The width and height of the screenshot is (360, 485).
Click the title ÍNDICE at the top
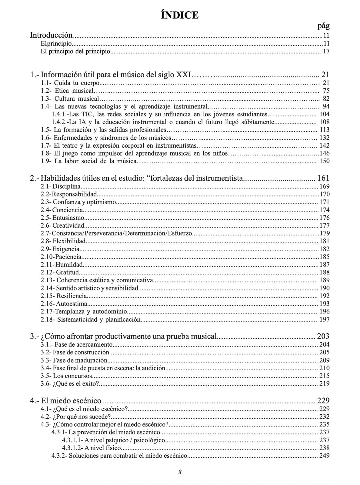[x=180, y=15]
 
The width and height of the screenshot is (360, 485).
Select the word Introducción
[x=51, y=35]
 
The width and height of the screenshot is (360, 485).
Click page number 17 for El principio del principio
[x=326, y=51]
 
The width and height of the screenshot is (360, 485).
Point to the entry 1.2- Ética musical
[x=68, y=91]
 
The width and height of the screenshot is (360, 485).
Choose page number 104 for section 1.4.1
[x=324, y=114]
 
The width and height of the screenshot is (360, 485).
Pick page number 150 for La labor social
[x=324, y=161]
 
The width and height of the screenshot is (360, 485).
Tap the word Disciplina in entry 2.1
[x=67, y=186]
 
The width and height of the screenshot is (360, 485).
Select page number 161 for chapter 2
[x=323, y=178]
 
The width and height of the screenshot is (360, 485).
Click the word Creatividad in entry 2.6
[x=68, y=226]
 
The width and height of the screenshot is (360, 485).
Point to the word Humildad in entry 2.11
[x=69, y=265]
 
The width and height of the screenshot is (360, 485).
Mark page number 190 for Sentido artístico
[x=324, y=288]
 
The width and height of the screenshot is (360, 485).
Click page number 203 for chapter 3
[x=323, y=336]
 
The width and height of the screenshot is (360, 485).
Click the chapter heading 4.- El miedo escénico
[x=65, y=401]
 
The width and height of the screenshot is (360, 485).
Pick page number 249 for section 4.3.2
[x=324, y=456]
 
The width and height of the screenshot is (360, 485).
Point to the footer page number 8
[x=180, y=472]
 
